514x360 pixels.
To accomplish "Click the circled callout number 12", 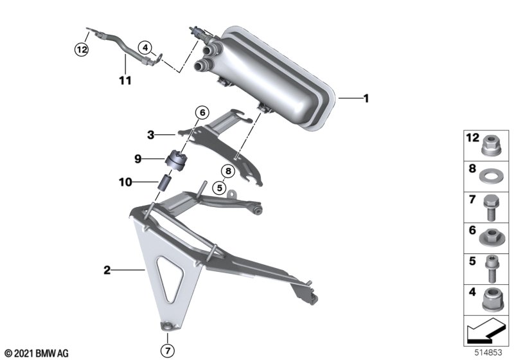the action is coord(82,50).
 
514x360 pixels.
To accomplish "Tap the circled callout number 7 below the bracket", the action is coord(168,351).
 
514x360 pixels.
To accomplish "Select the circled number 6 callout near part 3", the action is coord(202,113).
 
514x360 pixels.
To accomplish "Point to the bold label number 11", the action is coord(125,80).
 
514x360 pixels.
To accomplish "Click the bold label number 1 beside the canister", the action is coord(366,98).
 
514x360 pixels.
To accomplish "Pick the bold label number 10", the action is coord(125,182).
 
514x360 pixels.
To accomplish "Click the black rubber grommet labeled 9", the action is coord(175,160).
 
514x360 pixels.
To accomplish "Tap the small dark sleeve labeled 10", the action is coord(166,183).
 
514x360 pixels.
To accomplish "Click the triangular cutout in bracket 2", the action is coord(170,280).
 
